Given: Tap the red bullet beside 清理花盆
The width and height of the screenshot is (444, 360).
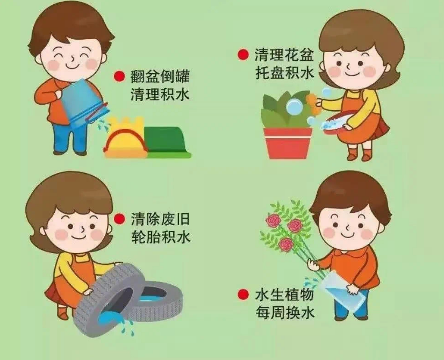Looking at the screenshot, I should click(244, 54).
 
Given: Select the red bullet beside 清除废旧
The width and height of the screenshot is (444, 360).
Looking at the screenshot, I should click(119, 218).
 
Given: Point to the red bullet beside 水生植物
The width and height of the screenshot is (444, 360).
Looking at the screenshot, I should click(244, 294).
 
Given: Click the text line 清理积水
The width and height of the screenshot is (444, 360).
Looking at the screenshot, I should click(160, 95).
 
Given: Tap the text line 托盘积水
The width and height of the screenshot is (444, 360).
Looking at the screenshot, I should click(284, 73).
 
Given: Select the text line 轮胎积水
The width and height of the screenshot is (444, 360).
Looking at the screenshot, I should click(160, 237).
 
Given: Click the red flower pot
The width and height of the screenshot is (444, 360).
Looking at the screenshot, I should click(288, 142).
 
